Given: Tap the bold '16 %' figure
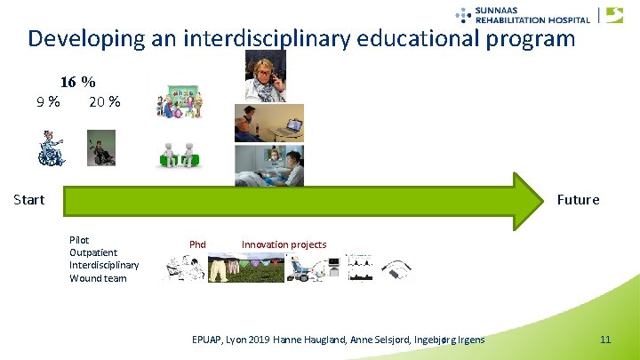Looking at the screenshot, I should (77, 82).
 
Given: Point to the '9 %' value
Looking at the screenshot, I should (48, 101).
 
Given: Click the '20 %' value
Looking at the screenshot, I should (105, 101).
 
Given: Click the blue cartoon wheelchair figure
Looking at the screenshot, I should (51, 148).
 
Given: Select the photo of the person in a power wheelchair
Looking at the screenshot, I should (101, 148).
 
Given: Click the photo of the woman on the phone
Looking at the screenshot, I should (265, 76).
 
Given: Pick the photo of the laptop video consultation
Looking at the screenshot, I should (268, 123).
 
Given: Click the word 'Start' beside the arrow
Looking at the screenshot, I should (28, 199).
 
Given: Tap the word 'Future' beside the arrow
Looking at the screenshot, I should (578, 199).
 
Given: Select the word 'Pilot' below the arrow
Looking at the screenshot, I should (79, 240).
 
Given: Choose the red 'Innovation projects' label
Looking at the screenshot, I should (284, 244).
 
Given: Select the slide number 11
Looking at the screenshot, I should (605, 340).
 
